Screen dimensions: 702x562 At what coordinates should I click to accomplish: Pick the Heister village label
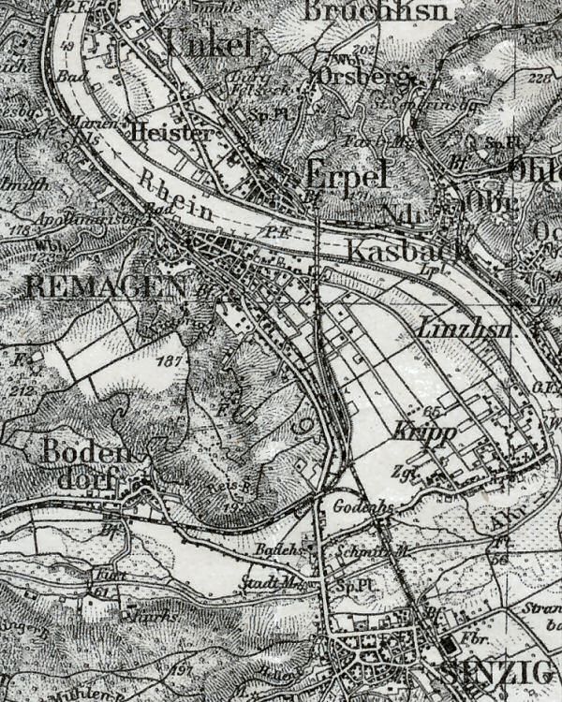[172, 132]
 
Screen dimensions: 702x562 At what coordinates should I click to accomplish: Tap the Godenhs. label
[354, 506]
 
